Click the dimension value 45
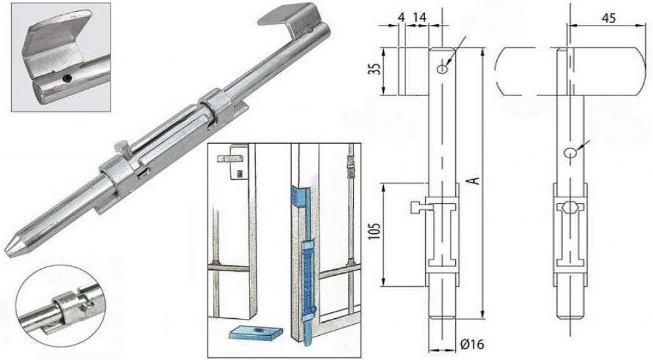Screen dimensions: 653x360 pos(609,18)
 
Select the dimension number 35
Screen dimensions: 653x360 pos(376,69)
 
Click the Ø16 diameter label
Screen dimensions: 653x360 pos(472,344)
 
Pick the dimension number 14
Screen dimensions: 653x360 pos(419,18)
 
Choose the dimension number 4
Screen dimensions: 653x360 pos(401,18)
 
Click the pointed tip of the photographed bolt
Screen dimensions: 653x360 pos(7,251)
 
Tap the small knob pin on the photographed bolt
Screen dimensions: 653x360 pos(119,147)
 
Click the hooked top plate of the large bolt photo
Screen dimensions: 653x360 pos(287,19)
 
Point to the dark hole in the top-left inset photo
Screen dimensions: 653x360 pos(66,78)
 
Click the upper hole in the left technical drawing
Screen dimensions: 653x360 pos(443,69)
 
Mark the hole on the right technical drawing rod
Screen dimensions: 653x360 pos(569,152)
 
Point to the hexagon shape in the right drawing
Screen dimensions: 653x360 pos(570,206)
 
